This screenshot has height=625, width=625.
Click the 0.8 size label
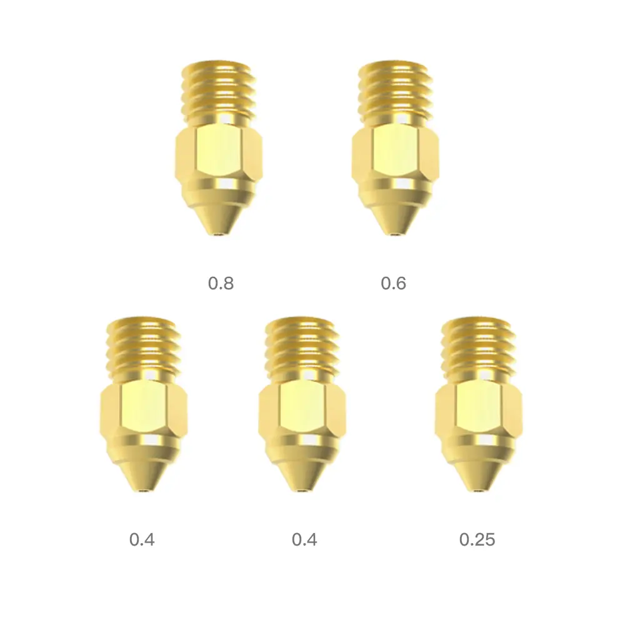[221, 283]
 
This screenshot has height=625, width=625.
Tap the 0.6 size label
[393, 283]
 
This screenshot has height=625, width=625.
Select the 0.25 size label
[477, 539]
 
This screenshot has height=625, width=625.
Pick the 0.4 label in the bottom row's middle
[304, 539]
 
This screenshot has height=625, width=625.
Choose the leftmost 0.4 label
[142, 539]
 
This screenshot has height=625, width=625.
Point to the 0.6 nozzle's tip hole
[395, 236]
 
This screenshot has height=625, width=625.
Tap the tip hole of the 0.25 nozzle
[479, 492]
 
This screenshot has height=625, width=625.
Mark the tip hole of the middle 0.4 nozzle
[303, 492]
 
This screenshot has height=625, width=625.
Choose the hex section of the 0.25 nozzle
[479, 409]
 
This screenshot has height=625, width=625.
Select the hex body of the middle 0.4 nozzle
[302, 409]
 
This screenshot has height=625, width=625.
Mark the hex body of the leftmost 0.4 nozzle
[143, 409]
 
